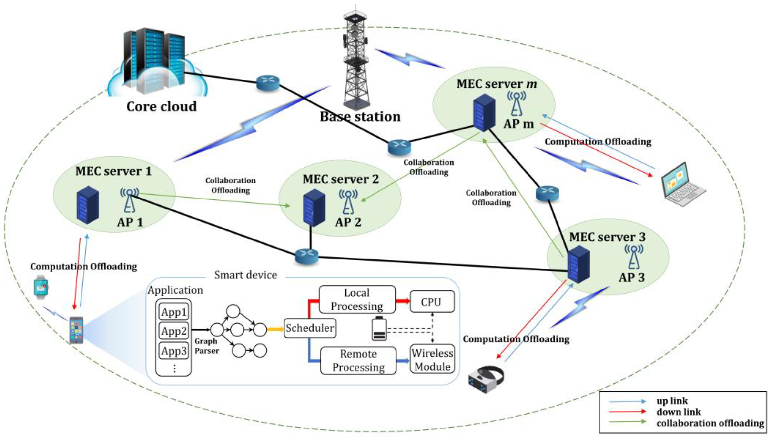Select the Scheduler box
310,328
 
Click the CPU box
432,302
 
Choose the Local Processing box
357,299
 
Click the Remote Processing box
358,360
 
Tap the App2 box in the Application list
174,331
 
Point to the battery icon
379,328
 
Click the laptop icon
682,184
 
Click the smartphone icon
76,330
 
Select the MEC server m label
497,84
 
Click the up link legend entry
672,401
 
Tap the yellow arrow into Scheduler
275,329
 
